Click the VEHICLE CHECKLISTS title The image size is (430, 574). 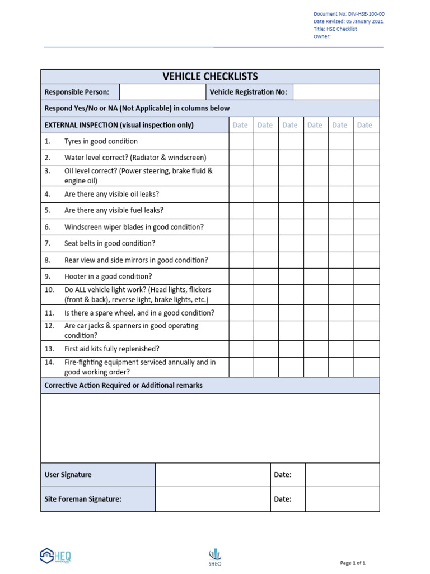210,77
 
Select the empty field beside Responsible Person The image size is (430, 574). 162,92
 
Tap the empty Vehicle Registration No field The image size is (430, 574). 336,92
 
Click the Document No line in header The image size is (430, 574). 348,14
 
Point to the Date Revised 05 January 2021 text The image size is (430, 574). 348,22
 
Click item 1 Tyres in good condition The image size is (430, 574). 101,141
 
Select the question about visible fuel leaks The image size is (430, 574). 114,210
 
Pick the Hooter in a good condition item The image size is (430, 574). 108,276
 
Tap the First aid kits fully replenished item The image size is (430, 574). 111,349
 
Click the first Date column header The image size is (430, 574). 240,125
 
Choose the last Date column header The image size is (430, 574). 364,125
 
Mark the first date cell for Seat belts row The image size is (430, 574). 241,243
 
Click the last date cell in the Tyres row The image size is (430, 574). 366,141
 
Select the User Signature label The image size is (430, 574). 68,475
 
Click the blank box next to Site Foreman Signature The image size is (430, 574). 213,499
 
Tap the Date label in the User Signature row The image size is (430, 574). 282,475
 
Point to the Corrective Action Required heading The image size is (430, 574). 123,385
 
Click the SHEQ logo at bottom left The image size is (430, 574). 55,556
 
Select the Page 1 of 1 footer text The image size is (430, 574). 353,563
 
